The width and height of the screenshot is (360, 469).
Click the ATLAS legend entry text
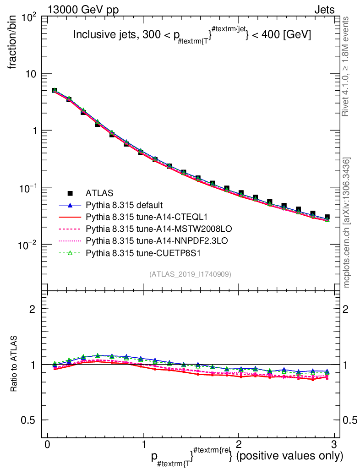99,193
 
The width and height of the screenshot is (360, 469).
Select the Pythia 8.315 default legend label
124,205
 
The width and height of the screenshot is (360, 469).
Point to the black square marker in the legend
70,193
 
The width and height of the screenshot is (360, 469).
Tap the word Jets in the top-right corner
324,10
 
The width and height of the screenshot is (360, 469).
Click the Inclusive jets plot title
192,35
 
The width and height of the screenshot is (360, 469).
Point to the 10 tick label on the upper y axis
32,74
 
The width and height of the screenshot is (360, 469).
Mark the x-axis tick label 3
334,444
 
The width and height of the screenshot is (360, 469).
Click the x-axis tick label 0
47,444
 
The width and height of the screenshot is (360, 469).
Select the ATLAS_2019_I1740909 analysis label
190,274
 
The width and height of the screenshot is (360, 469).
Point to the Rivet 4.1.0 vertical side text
347,67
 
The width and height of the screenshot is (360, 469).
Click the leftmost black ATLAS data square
55,91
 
